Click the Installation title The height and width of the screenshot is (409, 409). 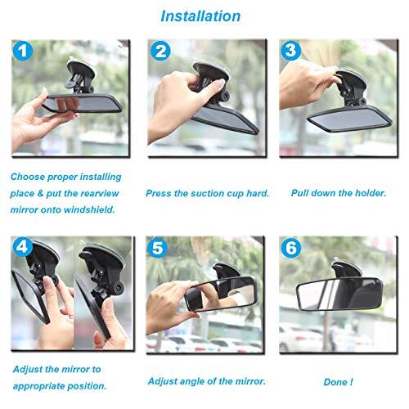pos(200,16)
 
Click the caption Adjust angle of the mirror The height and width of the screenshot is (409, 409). pos(206,381)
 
